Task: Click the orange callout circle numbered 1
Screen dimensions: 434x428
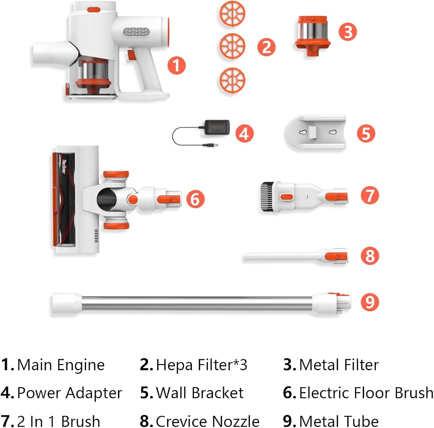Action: (x=176, y=66)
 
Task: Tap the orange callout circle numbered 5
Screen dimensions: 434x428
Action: (x=366, y=133)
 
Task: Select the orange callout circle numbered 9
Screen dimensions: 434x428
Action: (x=370, y=302)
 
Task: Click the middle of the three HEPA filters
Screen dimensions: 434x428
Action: (x=232, y=46)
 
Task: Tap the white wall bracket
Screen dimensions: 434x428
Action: (x=316, y=132)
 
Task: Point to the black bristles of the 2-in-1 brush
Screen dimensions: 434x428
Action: (x=266, y=197)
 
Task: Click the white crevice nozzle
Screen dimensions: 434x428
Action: (x=296, y=257)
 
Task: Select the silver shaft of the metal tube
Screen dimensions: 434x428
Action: (x=197, y=303)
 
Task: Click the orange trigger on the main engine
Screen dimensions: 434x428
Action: (x=132, y=55)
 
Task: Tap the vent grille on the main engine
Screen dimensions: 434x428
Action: (x=136, y=32)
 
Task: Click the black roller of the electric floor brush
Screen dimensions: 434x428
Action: (x=67, y=199)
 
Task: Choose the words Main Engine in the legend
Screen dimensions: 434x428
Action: (x=61, y=365)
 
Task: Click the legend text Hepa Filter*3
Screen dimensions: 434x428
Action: (x=201, y=365)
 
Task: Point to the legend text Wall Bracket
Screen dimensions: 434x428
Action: (x=200, y=393)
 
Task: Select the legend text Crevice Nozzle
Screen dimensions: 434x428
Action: (x=207, y=421)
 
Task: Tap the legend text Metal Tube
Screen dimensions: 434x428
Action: (x=339, y=421)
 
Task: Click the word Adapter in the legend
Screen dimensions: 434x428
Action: (x=94, y=393)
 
